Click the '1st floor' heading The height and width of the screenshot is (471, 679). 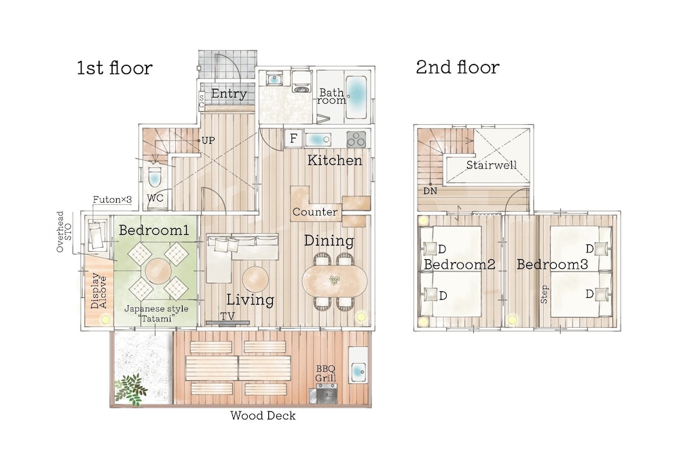pyautogui.click(x=115, y=68)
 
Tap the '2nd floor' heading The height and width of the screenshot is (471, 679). pyautogui.click(x=458, y=67)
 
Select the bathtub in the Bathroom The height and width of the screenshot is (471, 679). pyautogui.click(x=358, y=98)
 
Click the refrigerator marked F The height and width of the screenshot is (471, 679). pyautogui.click(x=293, y=138)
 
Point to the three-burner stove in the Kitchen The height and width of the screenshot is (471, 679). pyautogui.click(x=356, y=139)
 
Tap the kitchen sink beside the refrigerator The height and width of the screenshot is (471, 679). pyautogui.click(x=318, y=140)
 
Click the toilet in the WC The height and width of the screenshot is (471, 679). pyautogui.click(x=155, y=176)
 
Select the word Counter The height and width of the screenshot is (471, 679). pyautogui.click(x=315, y=212)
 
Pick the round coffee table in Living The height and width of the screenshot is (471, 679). pyautogui.click(x=255, y=279)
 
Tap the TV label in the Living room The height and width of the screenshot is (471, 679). pyautogui.click(x=227, y=316)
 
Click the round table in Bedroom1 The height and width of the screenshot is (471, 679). pyautogui.click(x=158, y=271)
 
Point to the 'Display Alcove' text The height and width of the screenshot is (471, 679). pyautogui.click(x=98, y=290)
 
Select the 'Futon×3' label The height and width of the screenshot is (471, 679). pyautogui.click(x=112, y=200)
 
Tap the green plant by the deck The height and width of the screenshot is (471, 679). pyautogui.click(x=131, y=390)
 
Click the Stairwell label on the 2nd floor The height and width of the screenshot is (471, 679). pyautogui.click(x=492, y=165)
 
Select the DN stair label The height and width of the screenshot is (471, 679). pyautogui.click(x=430, y=191)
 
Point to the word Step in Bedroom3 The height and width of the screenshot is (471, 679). pyautogui.click(x=545, y=295)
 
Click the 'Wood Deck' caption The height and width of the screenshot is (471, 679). pyautogui.click(x=263, y=415)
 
